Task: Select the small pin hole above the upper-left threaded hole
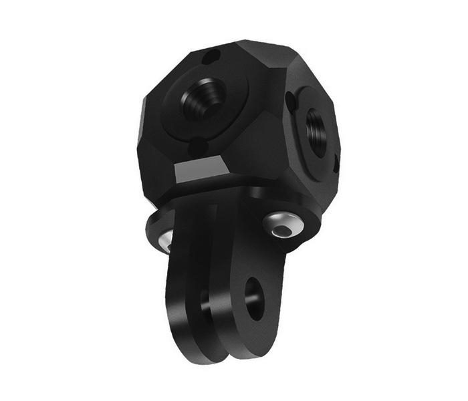coord(213,56)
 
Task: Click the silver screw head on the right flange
coord(283,225)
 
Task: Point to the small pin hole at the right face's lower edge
coord(337,160)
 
